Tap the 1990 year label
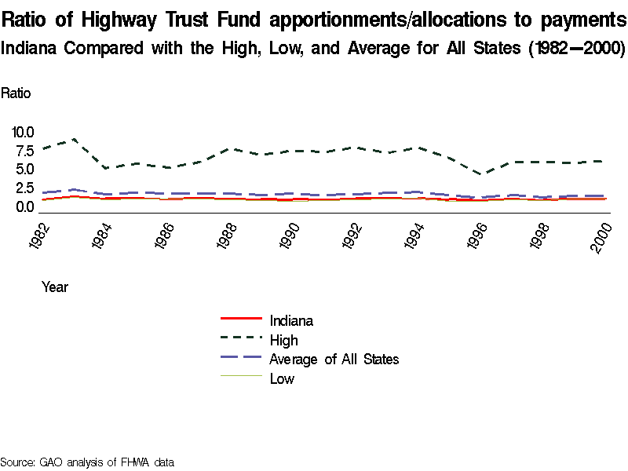coord(290,236)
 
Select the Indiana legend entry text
coord(291,320)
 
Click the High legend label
coord(283,340)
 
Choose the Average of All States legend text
coord(334,360)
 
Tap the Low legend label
coord(282,379)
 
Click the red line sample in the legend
coord(239,319)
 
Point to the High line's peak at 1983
coord(73,139)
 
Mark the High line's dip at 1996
coord(484,174)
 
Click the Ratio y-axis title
coord(16,93)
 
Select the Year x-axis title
coord(55,287)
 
